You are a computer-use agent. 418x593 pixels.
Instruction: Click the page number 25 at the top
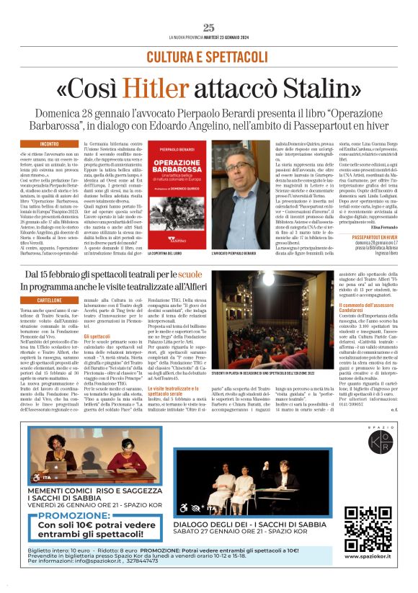[x=209, y=27]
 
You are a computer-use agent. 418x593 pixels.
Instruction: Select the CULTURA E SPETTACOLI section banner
[x=208, y=56]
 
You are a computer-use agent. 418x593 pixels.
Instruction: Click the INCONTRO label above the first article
[x=50, y=144]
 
